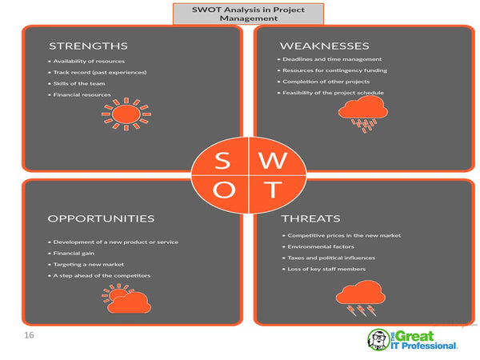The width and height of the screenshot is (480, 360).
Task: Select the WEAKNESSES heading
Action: [x=325, y=45]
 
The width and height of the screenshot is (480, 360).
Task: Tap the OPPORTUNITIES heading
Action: [x=101, y=218]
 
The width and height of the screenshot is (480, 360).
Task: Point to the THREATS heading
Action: [x=310, y=218]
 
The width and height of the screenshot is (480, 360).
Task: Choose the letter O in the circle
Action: [x=223, y=190]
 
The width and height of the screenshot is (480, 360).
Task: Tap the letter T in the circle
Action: [x=273, y=190]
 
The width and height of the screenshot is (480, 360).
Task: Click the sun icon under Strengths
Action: [x=125, y=114]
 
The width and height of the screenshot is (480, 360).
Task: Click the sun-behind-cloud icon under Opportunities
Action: [x=126, y=300]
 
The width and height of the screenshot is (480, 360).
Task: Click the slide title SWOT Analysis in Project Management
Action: [x=248, y=14]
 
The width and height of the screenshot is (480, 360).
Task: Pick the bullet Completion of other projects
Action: [x=326, y=82]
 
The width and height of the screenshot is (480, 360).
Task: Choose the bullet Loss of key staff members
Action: [x=326, y=270]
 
